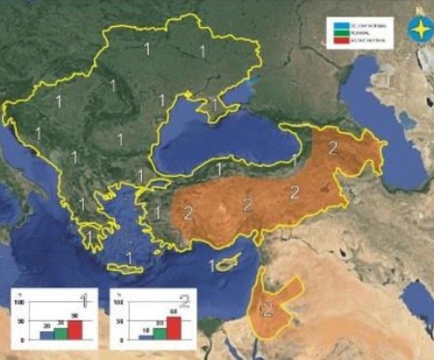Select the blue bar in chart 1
tap(47, 335)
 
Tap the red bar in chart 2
tap(174, 328)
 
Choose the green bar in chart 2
tap(159, 333)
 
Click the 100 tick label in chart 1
tap(20, 301)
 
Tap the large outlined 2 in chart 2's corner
tap(184, 300)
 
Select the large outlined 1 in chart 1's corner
tap(85, 299)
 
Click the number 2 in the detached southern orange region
tap(266, 311)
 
